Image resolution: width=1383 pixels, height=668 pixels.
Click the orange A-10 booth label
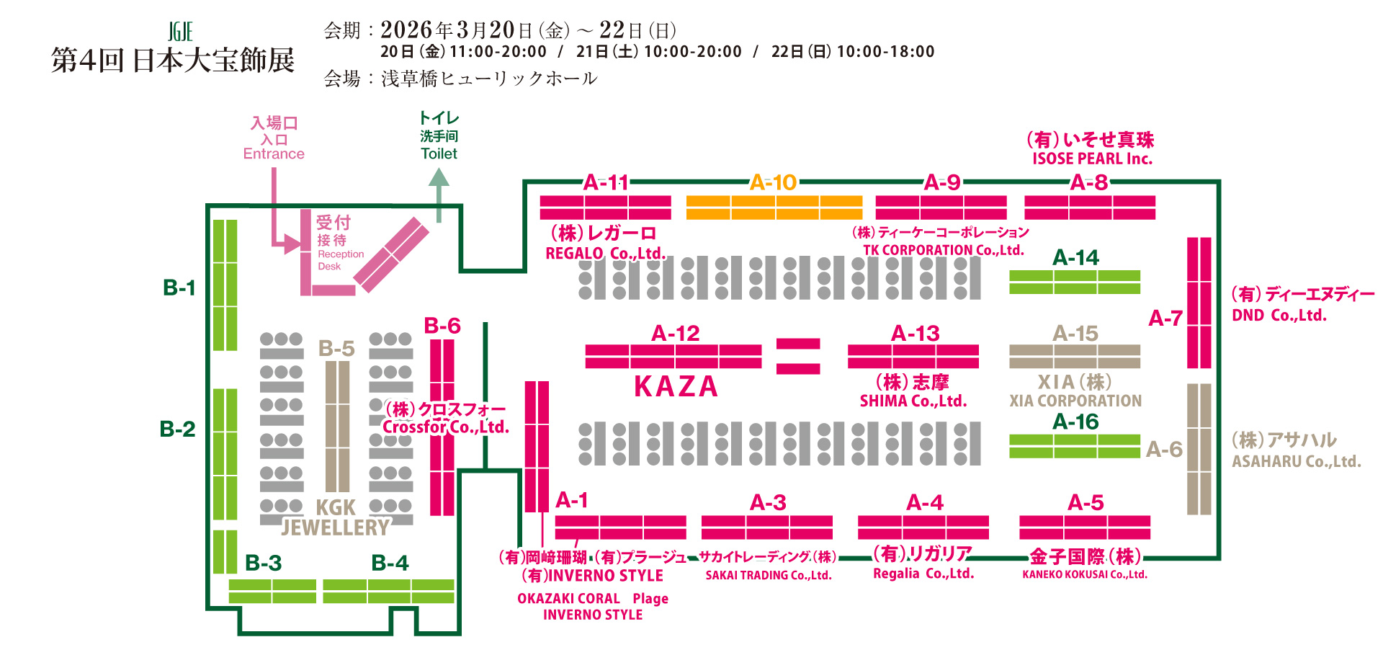[x=773, y=182]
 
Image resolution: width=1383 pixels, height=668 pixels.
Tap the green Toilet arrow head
[x=439, y=178]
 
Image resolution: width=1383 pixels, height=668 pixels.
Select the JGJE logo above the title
[x=180, y=32]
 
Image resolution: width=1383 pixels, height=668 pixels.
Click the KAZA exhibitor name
[x=676, y=387]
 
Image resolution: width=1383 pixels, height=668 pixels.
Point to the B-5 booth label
[x=336, y=349]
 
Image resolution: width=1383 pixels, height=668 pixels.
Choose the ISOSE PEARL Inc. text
[x=1092, y=159]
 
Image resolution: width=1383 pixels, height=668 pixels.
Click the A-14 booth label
[x=1075, y=257]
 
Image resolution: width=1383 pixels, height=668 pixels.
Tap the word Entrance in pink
[x=274, y=153]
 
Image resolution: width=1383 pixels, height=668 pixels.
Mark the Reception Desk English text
[x=340, y=260]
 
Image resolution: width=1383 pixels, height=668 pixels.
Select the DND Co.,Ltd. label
[x=1279, y=315]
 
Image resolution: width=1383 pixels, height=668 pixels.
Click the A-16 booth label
[x=1075, y=422]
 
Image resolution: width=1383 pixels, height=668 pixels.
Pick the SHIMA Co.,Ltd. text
[x=913, y=401]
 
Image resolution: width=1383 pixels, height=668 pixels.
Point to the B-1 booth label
[x=179, y=288]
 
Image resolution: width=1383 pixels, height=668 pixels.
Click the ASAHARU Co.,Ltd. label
[x=1296, y=461]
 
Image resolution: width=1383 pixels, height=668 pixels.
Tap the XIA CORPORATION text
[x=1075, y=401]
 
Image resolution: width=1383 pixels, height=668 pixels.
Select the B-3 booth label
[x=263, y=563]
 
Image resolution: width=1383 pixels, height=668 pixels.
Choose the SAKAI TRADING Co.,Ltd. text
[x=768, y=575]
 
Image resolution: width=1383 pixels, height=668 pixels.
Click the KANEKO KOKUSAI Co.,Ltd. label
[x=1084, y=574]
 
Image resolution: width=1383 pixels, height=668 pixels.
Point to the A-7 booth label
[x=1165, y=318]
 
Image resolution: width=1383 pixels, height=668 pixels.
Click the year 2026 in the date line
[x=406, y=30]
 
